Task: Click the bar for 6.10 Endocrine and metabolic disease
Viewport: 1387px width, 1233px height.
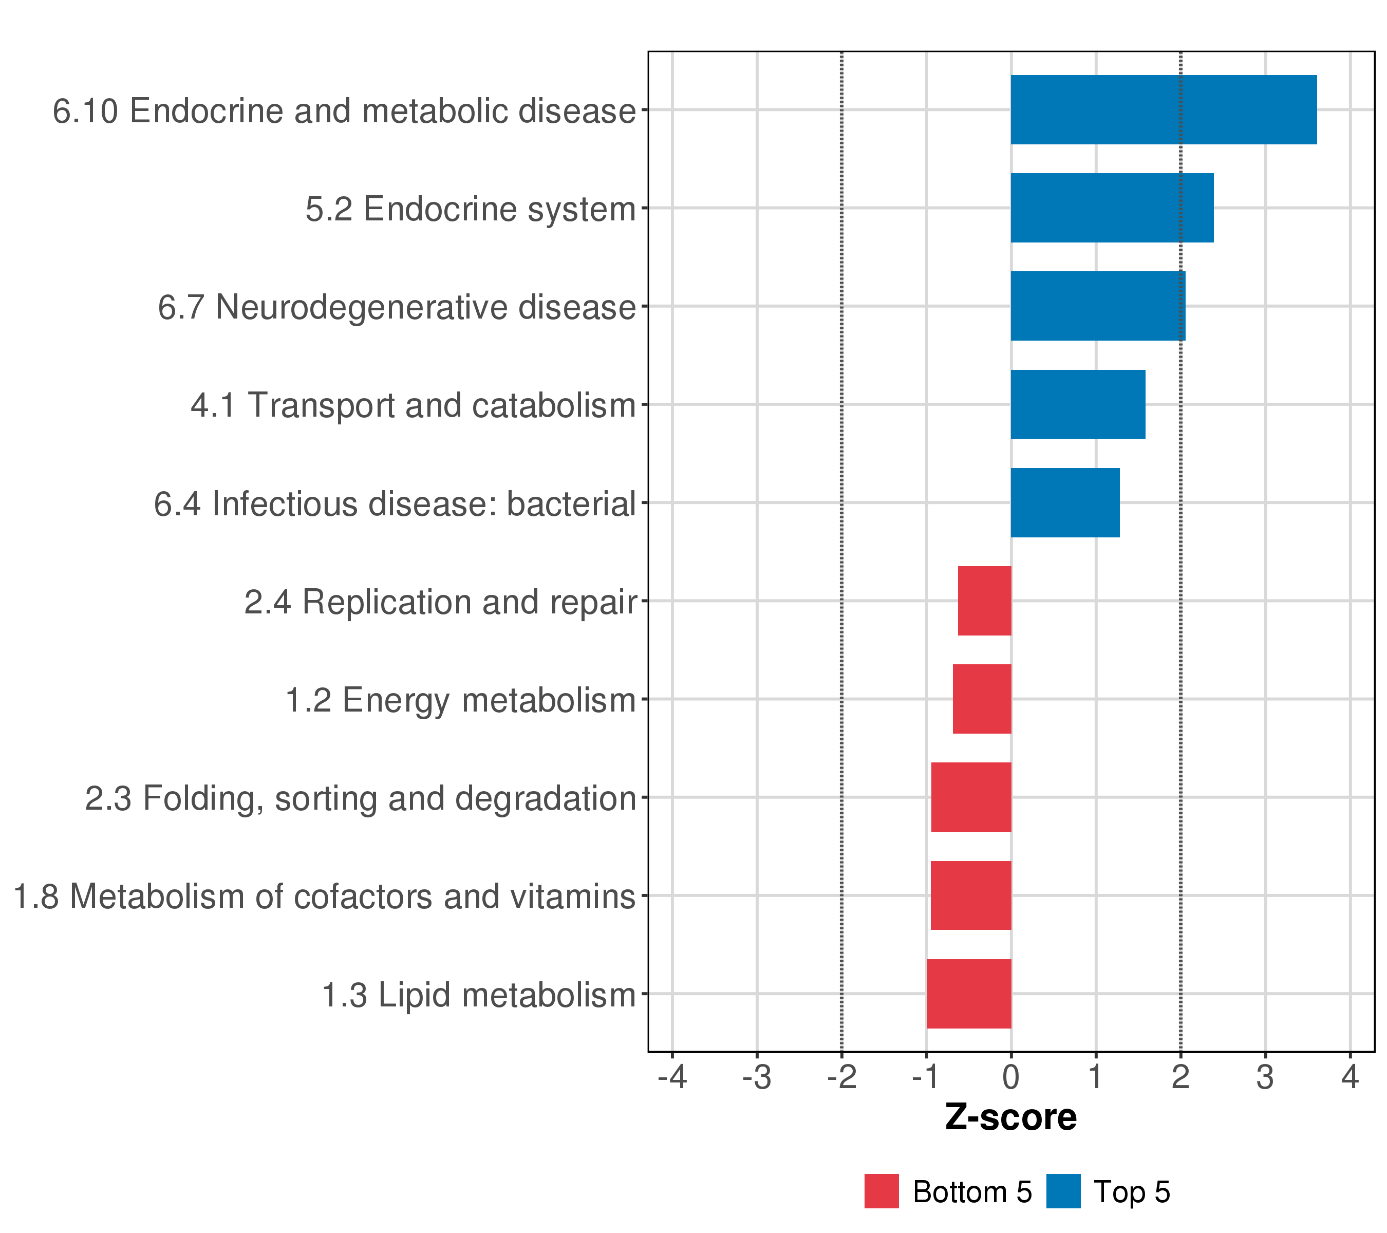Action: point(1163,110)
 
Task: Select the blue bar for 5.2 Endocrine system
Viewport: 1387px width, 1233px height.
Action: point(1112,208)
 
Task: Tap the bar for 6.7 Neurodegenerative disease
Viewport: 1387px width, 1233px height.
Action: point(1097,306)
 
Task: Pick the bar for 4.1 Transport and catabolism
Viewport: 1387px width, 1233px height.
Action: point(1078,404)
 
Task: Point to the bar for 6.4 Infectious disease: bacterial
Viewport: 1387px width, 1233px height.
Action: point(1065,503)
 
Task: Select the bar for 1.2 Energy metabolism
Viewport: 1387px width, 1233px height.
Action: point(981,699)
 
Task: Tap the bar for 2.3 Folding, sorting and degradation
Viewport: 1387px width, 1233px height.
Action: point(970,797)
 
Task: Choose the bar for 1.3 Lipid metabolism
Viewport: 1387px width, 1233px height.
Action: point(968,994)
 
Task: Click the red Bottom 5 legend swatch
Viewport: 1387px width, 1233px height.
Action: point(881,1191)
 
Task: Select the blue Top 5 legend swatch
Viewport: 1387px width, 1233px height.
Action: point(1063,1191)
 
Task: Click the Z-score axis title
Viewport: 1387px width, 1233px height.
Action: point(1010,1117)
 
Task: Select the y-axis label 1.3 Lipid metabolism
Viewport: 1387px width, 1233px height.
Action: point(478,996)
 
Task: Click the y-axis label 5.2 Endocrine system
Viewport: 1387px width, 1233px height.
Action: point(470,209)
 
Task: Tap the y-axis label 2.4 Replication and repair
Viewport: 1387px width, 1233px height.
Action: point(440,602)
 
